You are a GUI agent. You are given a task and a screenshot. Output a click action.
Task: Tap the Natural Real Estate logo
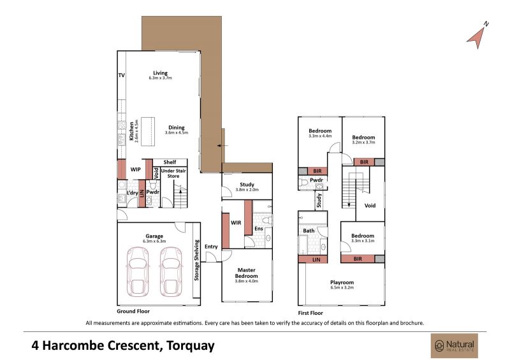point(455,346)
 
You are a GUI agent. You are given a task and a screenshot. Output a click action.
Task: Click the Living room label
point(161,73)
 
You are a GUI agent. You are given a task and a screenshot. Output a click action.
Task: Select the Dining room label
point(177,127)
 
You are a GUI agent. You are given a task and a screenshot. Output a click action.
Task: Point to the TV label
point(121,75)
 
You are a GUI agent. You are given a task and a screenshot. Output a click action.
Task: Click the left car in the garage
point(138,272)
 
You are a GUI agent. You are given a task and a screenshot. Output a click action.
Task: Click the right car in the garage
point(171,272)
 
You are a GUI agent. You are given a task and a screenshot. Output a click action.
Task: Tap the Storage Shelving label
point(196,260)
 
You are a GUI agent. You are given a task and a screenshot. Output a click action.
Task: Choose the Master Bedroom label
point(247,273)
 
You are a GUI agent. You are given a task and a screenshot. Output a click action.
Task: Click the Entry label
point(211,247)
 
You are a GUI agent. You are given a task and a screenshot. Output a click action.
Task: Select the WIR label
point(236,223)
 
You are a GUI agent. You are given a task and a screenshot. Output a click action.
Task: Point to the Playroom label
point(342,282)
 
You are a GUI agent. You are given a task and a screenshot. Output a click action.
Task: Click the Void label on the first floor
point(370,206)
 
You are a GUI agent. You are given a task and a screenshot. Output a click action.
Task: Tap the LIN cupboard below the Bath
point(313,259)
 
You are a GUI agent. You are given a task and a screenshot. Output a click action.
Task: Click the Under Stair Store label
point(173,173)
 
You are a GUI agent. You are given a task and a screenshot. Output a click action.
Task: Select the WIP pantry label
point(136,169)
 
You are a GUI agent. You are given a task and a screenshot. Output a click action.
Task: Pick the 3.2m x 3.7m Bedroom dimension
point(363,142)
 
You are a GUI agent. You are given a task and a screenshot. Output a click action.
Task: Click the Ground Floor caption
point(133,311)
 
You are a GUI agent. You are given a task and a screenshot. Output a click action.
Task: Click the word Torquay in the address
point(190,345)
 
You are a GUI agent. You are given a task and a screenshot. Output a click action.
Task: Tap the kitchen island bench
point(148,132)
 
